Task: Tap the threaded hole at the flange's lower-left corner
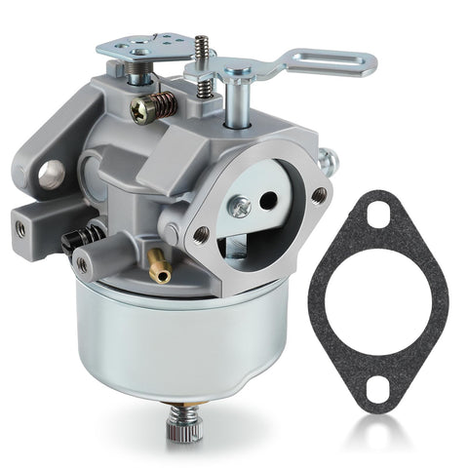pyautogui.click(x=201, y=234)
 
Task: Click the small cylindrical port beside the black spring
pyautogui.click(x=84, y=264)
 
